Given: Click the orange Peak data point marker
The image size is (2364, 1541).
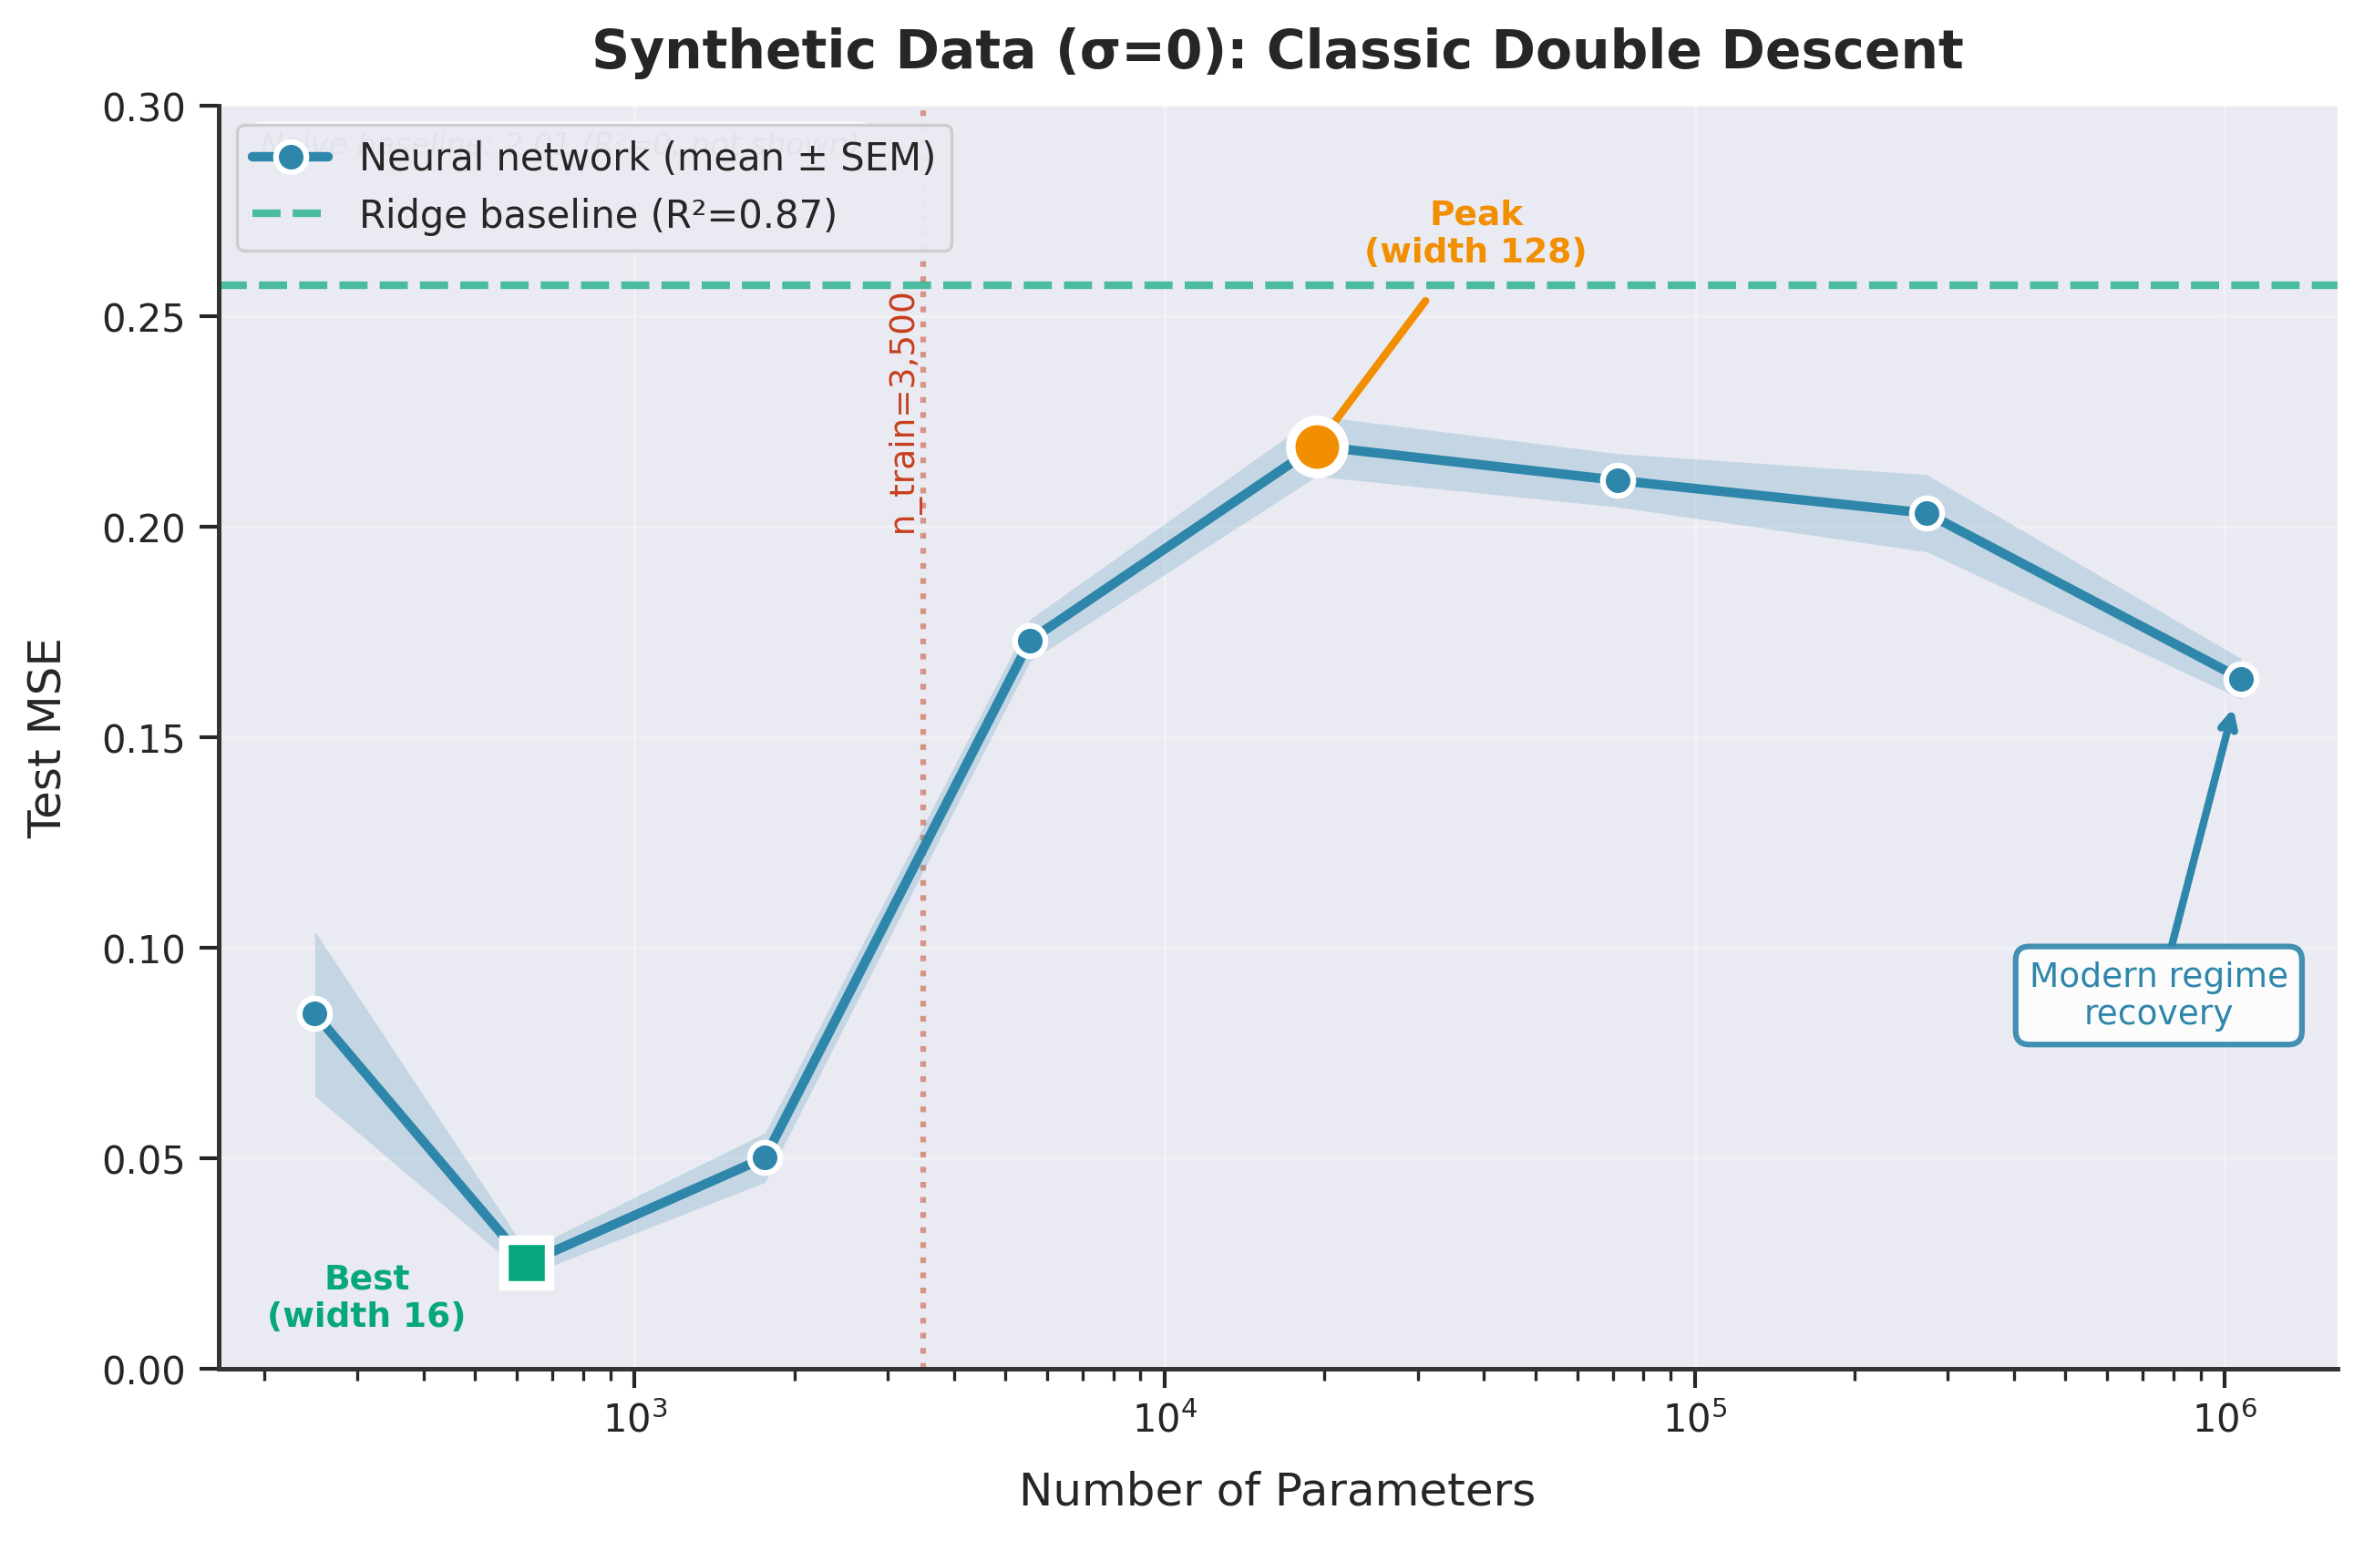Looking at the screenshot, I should (x=1316, y=447).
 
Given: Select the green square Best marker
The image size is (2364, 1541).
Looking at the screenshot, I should (x=527, y=1263).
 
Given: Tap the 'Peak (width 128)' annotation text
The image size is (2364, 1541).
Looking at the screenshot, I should (x=1475, y=232).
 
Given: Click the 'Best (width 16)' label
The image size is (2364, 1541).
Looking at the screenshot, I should (x=366, y=1297).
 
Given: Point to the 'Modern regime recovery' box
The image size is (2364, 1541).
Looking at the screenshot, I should (x=2157, y=994).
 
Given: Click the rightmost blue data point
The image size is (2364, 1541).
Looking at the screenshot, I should (x=2241, y=680).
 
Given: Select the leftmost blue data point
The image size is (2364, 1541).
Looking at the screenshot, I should (x=315, y=1013).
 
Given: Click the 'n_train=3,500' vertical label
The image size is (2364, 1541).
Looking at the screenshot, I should (x=902, y=414).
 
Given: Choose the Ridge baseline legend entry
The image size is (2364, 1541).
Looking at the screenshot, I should (x=597, y=214).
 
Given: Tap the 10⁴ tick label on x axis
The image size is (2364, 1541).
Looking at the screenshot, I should (x=1164, y=1418).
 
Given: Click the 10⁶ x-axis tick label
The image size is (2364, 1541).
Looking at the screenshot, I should (x=2225, y=1418).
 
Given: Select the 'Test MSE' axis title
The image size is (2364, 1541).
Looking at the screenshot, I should (x=45, y=738).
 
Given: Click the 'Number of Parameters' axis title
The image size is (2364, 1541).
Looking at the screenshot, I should (x=1277, y=1491).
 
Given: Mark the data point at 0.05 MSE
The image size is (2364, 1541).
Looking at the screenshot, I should (x=764, y=1157).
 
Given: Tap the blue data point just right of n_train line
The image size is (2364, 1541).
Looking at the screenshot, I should (x=1030, y=641).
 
